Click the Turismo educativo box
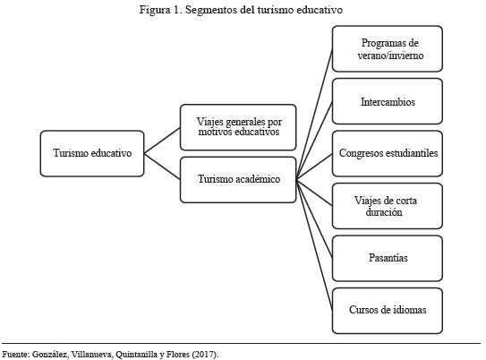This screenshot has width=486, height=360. point(92,153)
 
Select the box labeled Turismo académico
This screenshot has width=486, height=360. point(238,180)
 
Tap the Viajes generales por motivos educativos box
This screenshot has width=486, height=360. point(238,127)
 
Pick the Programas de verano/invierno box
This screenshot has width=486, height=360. point(388,48)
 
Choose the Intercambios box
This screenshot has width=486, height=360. point(388,101)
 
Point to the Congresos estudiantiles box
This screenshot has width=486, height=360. point(388,153)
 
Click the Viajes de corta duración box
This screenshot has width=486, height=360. point(388,206)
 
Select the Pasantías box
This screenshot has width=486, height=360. point(388,258)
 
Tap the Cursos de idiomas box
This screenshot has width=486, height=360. point(388,311)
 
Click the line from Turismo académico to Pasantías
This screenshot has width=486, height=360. point(314,219)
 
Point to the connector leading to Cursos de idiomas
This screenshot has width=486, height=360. point(314,245)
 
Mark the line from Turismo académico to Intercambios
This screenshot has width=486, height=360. point(314,141)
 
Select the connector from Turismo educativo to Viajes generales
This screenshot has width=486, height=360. point(162,141)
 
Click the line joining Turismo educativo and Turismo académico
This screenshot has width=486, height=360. point(162,167)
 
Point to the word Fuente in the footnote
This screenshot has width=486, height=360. point(16,354)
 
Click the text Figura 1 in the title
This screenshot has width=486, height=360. point(160,10)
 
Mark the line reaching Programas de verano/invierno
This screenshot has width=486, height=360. point(314,114)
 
